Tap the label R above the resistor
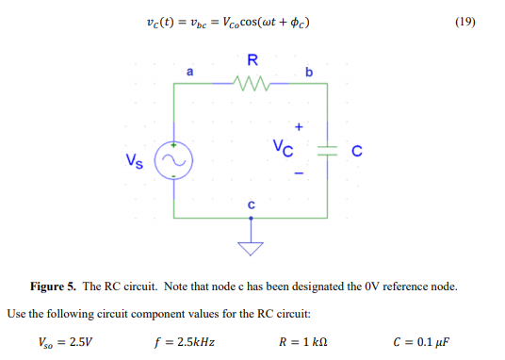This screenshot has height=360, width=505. point(252,62)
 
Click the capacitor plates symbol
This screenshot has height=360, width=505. point(325,151)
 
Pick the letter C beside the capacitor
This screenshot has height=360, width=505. point(356,151)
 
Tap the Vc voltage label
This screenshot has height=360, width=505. point(284,148)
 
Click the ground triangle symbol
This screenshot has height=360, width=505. point(251,247)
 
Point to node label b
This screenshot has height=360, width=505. point(309,73)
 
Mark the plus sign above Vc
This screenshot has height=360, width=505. point(301,125)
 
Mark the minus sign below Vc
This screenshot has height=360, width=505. point(300,174)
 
